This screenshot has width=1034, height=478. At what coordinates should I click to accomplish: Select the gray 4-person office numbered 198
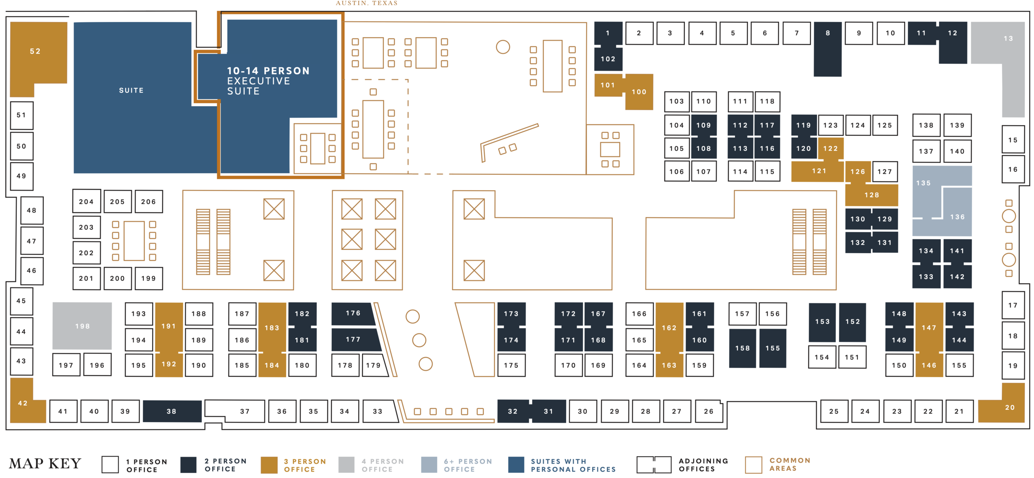point(82,326)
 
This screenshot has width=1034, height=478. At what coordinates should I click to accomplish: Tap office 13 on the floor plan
point(1008,39)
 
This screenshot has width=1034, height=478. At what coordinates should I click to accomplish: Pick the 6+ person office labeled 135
point(923,183)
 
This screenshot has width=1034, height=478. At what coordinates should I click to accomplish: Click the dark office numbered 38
point(172,411)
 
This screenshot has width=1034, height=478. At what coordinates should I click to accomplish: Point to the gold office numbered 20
point(1009,407)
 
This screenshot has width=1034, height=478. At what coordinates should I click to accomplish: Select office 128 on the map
point(871,195)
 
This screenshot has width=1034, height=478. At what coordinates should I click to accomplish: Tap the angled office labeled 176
point(353,313)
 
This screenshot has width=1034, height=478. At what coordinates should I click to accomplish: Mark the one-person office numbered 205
point(117,202)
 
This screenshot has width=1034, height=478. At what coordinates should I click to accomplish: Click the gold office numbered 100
point(639,92)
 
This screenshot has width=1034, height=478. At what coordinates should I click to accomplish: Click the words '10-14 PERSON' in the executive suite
point(268,71)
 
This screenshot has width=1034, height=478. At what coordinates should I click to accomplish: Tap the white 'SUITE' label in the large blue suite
point(131,90)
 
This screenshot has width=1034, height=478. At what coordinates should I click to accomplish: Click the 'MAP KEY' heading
point(45,464)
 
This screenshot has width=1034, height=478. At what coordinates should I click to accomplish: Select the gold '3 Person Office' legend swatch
point(269,465)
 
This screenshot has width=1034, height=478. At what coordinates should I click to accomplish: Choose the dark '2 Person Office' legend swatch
point(189,465)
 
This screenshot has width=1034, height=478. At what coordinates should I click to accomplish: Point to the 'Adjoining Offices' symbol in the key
point(653,465)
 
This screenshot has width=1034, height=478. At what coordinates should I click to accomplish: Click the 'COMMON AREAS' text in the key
point(790,464)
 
